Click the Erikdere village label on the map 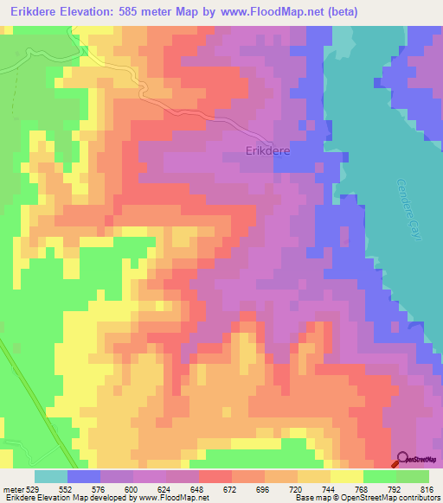pos(267,150)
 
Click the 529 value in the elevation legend pos(33,489)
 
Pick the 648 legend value pos(199,489)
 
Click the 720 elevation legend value pos(298,489)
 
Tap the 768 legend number pos(363,489)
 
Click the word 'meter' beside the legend pos(12,489)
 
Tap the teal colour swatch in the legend pos(51,476)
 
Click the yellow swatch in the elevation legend pos(347,476)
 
